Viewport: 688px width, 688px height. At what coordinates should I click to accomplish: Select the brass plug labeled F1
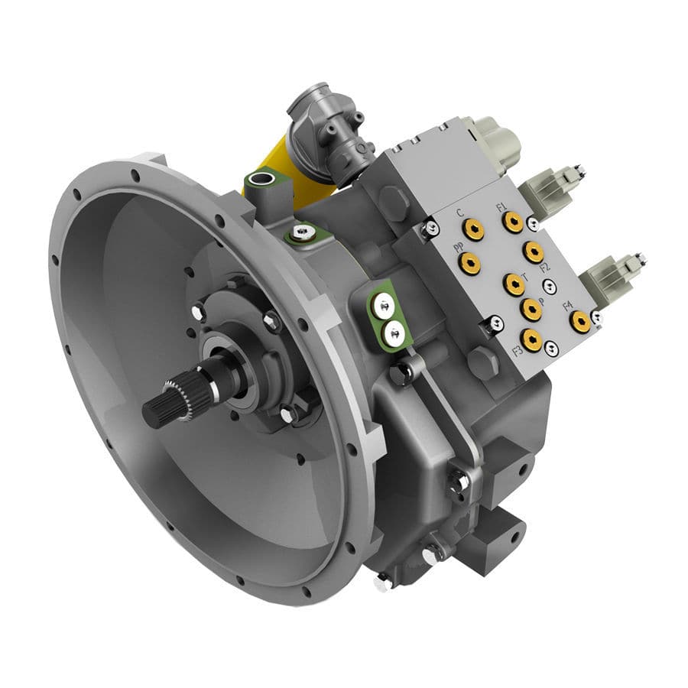(513, 222)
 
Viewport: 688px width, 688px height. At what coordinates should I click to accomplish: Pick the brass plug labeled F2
(533, 252)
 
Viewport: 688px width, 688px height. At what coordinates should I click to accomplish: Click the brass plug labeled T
(514, 284)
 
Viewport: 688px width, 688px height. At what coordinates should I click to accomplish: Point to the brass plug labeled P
(531, 309)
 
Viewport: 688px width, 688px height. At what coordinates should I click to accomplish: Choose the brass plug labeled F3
(531, 339)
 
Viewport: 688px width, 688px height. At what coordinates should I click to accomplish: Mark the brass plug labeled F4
(582, 321)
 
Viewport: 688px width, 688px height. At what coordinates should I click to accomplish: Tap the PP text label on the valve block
(458, 248)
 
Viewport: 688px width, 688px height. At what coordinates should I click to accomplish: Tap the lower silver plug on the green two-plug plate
(394, 332)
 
